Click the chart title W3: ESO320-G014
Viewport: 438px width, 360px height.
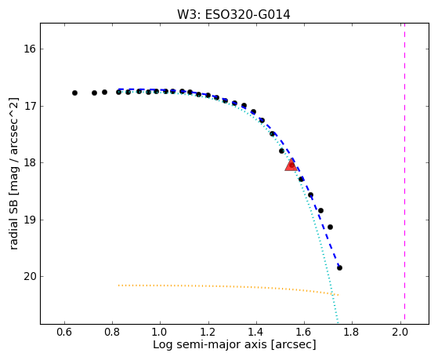[x=233, y=15]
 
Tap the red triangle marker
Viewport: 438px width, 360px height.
[x=291, y=165]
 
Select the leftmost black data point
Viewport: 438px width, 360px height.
[x=74, y=93]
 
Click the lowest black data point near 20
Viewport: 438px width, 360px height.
[x=339, y=267]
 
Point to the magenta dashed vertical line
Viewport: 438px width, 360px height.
[x=404, y=173]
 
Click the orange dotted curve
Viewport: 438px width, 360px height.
[x=229, y=287]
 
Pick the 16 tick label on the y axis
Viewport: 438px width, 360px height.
[x=29, y=49]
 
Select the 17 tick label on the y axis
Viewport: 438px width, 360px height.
[x=29, y=107]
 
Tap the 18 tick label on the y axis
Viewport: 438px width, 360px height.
[x=29, y=163]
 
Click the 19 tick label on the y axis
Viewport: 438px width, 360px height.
[x=29, y=220]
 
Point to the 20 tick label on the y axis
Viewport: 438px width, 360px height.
[x=29, y=276]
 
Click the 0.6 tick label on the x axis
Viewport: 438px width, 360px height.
[x=64, y=333]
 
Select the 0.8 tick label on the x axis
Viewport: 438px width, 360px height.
[x=112, y=333]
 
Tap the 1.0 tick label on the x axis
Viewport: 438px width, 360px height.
[x=160, y=333]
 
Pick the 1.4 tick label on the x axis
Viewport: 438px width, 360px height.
[x=256, y=333]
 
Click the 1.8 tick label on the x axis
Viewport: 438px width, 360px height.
[x=352, y=333]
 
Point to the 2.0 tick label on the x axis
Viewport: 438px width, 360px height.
[x=400, y=333]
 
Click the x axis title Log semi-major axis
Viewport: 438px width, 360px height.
[x=210, y=344]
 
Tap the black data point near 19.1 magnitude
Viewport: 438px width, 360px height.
[x=330, y=227]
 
